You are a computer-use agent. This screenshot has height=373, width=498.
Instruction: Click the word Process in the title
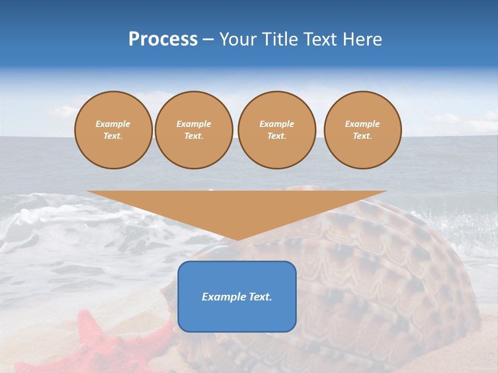point(163,39)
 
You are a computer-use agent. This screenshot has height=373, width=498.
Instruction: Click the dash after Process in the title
point(209,40)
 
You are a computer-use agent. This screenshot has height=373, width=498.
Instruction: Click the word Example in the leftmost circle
point(113,124)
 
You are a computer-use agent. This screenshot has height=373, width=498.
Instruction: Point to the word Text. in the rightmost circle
point(363,136)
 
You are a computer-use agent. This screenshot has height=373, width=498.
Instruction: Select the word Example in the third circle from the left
point(277,124)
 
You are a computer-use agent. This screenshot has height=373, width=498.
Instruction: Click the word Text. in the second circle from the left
point(194,136)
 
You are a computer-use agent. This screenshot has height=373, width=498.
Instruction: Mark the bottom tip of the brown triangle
point(238,239)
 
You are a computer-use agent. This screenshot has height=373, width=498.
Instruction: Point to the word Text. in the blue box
point(260,297)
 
